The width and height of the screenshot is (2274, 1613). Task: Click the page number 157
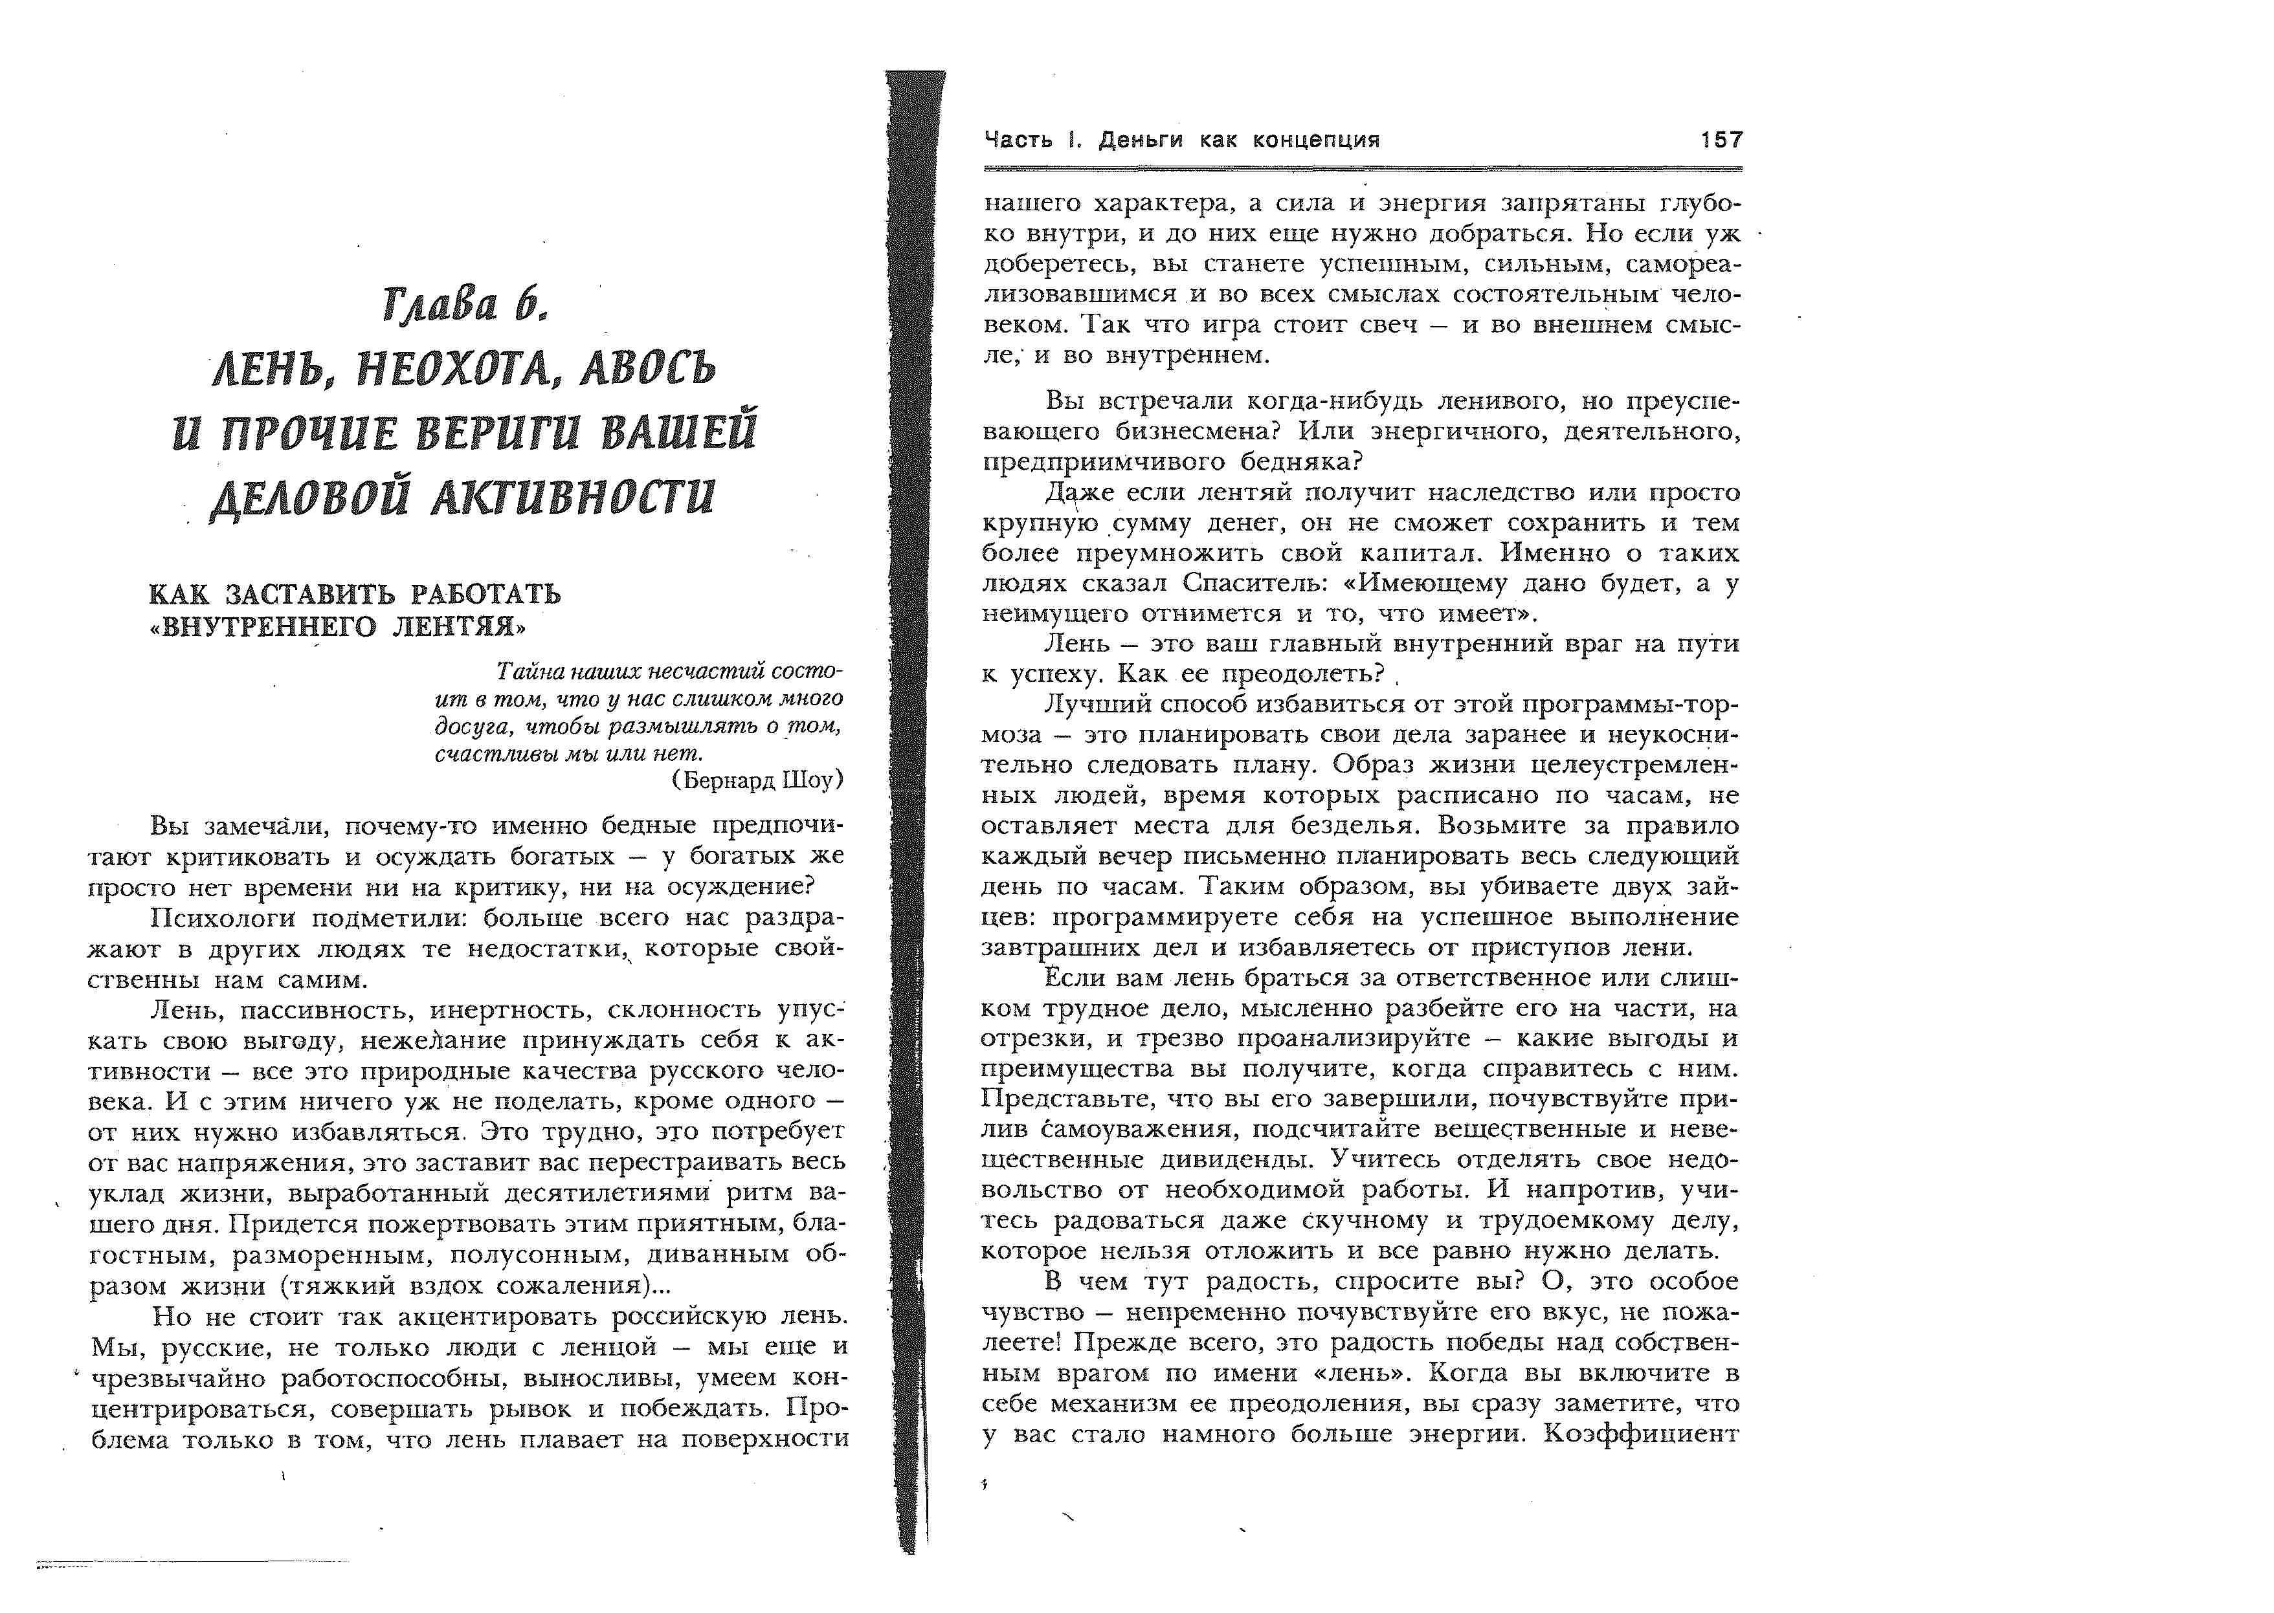click(x=1721, y=140)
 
